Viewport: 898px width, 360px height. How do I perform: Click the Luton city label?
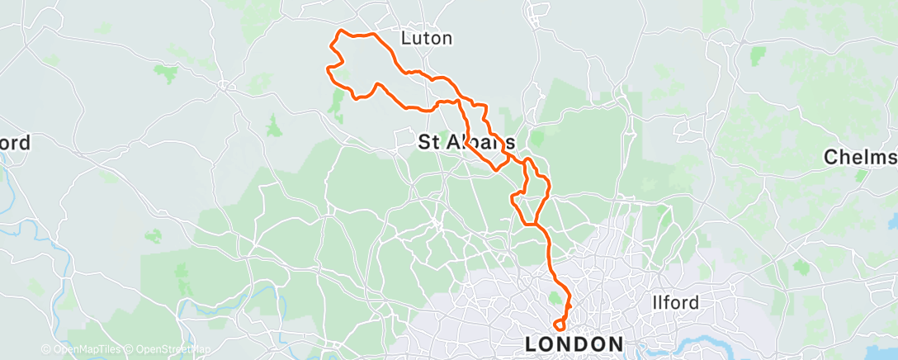tap(426, 38)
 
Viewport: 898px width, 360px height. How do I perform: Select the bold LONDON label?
tap(575, 343)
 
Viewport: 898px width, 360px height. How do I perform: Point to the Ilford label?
tap(675, 302)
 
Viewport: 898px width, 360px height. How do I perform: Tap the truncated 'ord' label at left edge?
tap(15, 143)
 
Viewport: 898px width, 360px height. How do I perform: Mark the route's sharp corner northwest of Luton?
tap(337, 33)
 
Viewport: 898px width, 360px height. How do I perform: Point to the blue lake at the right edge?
tap(892, 221)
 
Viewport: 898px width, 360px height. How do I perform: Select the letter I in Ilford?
tap(655, 302)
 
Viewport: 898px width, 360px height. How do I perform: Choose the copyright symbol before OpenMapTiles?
tap(46, 350)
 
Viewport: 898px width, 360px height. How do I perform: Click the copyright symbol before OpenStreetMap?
tap(130, 350)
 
